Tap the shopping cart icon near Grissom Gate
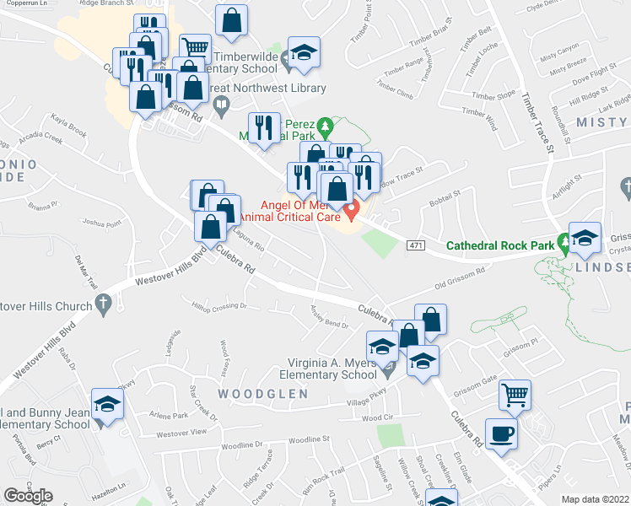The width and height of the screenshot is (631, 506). pos(515,392)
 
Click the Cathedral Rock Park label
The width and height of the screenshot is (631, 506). pos(499,245)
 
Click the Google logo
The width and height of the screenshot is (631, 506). pos(28,495)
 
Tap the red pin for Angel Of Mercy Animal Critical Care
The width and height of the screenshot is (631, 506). pos(354,208)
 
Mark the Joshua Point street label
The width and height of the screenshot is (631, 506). pos(102,223)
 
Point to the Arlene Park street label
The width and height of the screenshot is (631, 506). pos(168,416)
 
